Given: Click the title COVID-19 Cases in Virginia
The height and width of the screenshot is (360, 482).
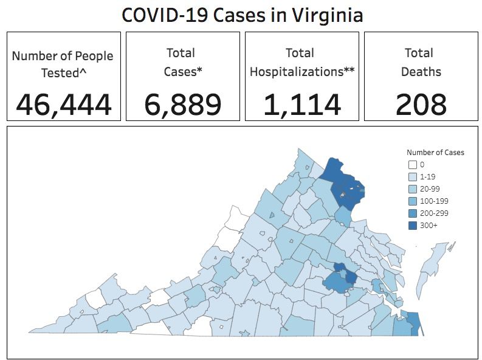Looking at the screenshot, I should pyautogui.click(x=242, y=15).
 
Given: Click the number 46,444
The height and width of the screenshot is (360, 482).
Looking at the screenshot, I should pyautogui.click(x=64, y=105).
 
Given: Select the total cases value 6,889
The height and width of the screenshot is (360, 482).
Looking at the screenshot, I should pyautogui.click(x=183, y=105).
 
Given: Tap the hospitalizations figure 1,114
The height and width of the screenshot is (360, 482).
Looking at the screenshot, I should pyautogui.click(x=302, y=105).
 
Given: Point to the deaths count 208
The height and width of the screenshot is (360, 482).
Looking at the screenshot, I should pyautogui.click(x=421, y=105).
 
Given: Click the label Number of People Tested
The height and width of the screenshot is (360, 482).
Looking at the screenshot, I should pyautogui.click(x=63, y=64).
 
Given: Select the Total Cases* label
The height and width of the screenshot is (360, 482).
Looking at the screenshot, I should pyautogui.click(x=183, y=62).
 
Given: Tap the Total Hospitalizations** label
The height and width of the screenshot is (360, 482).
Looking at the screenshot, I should pyautogui.click(x=302, y=62).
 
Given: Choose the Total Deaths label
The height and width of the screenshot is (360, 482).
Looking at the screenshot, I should pyautogui.click(x=421, y=62).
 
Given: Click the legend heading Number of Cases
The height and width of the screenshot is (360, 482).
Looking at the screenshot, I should pyautogui.click(x=435, y=152).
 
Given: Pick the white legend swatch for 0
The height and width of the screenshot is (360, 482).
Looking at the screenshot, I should pyautogui.click(x=412, y=164).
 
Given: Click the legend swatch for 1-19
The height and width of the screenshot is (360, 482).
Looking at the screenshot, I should pyautogui.click(x=412, y=176).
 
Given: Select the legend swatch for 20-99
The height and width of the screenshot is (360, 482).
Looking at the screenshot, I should pyautogui.click(x=412, y=189).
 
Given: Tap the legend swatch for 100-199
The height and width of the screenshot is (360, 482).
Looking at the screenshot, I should pyautogui.click(x=412, y=201).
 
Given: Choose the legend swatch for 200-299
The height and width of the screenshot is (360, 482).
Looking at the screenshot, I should pyautogui.click(x=412, y=213).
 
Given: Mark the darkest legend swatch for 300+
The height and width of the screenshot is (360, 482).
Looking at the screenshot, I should pyautogui.click(x=412, y=225).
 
